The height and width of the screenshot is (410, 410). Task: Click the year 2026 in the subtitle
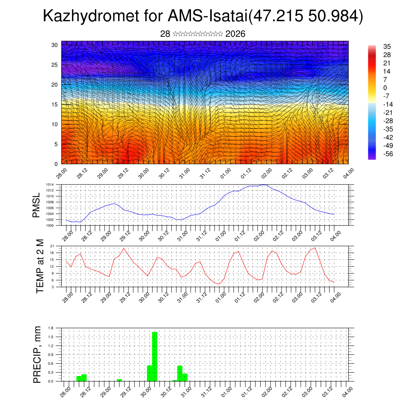coord(235,34)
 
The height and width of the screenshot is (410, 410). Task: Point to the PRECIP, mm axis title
coord(37,354)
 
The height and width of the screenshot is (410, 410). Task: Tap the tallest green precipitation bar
coord(155,356)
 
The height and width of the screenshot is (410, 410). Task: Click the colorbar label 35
coord(386,46)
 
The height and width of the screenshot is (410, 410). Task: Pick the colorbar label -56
coord(388,155)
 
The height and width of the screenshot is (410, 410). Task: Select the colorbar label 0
coord(385,88)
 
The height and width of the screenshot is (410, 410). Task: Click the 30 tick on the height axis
coord(54,45)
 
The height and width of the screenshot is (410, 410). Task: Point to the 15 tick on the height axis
coord(54,105)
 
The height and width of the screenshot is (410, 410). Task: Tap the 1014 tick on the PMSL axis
coord(49,185)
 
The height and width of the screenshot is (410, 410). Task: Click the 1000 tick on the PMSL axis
coord(49,225)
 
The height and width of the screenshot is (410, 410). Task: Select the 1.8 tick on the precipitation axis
coord(51,328)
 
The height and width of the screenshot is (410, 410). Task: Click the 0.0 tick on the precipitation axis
coord(51,381)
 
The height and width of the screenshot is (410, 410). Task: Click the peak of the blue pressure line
coord(263,185)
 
